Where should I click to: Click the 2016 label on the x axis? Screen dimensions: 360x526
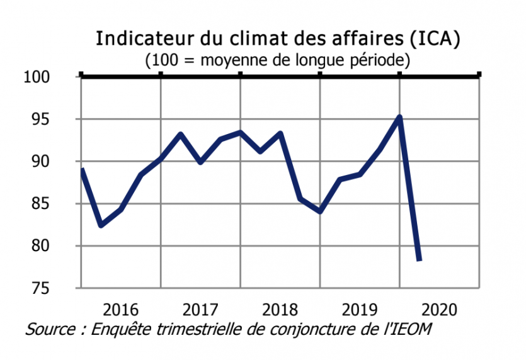120,310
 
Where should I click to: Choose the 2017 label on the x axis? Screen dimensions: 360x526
200,310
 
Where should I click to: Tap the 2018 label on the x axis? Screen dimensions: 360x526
280,310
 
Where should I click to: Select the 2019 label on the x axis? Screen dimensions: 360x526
360,310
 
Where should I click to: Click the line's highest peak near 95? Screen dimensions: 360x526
399,116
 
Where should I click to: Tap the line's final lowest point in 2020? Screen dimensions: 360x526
420,259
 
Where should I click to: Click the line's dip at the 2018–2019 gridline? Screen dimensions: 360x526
320,211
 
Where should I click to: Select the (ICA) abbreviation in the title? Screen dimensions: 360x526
435,38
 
